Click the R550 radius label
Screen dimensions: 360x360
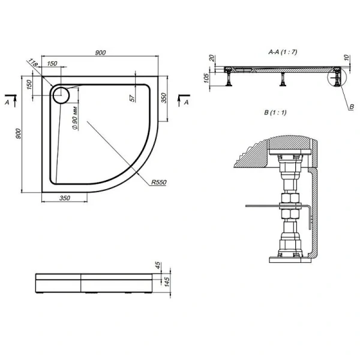[x=158, y=182]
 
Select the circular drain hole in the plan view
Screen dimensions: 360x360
[x=61, y=94]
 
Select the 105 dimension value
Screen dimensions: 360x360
[x=206, y=77]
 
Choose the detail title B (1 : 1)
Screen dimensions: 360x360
[x=275, y=112]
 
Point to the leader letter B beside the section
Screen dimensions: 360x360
[x=351, y=107]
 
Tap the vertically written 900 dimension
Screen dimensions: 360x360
[x=18, y=135]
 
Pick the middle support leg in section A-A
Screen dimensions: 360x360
[x=283, y=79]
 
